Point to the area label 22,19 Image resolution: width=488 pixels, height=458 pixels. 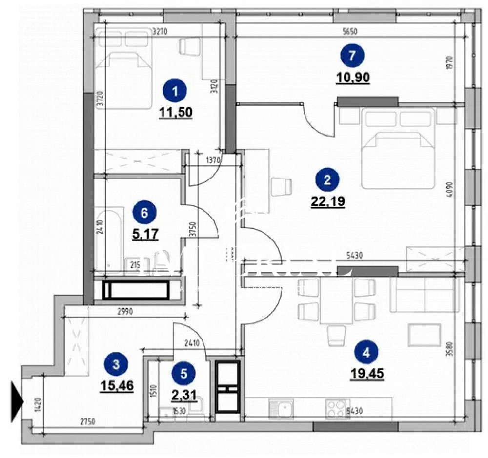[328, 201]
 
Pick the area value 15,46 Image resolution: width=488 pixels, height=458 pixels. [117, 386]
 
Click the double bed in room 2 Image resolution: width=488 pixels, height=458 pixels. [398, 149]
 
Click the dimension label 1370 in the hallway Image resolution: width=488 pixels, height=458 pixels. [214, 159]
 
